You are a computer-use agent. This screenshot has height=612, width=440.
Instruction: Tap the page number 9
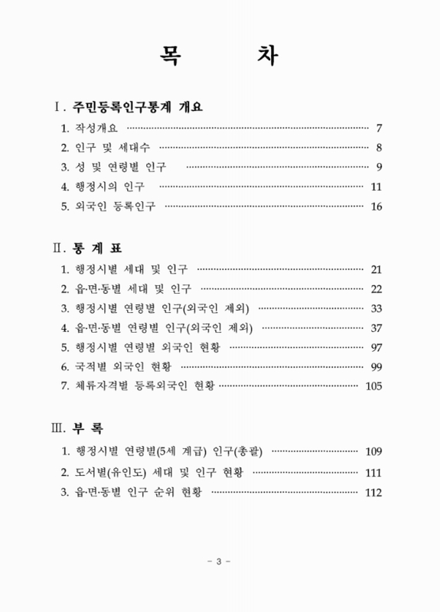[379, 167]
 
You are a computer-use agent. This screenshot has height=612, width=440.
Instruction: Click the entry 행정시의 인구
[113, 187]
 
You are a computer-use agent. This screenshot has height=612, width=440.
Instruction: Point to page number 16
[376, 207]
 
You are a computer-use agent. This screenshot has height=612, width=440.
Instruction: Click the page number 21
[376, 269]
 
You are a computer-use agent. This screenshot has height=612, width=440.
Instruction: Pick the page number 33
[376, 309]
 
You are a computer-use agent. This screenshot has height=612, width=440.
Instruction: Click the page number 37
[376, 329]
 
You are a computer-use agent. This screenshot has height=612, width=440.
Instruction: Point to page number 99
[376, 368]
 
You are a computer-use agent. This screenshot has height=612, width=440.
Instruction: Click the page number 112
[373, 492]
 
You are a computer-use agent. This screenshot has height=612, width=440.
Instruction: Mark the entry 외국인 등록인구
[119, 207]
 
